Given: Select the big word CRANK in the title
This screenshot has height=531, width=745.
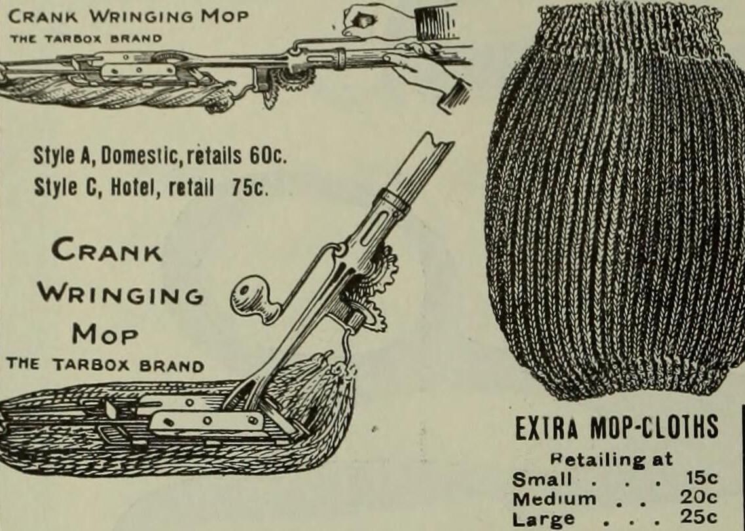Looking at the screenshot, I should point(107,251).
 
